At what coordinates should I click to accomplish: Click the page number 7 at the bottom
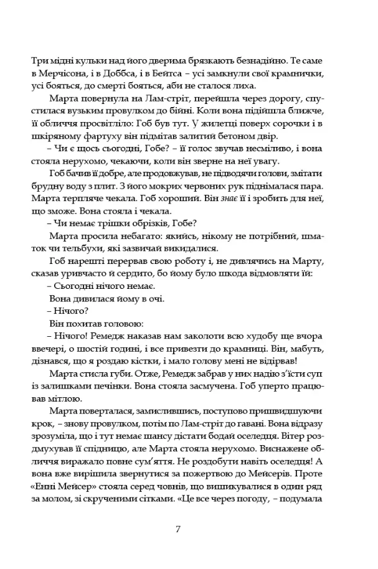[179, 530]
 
